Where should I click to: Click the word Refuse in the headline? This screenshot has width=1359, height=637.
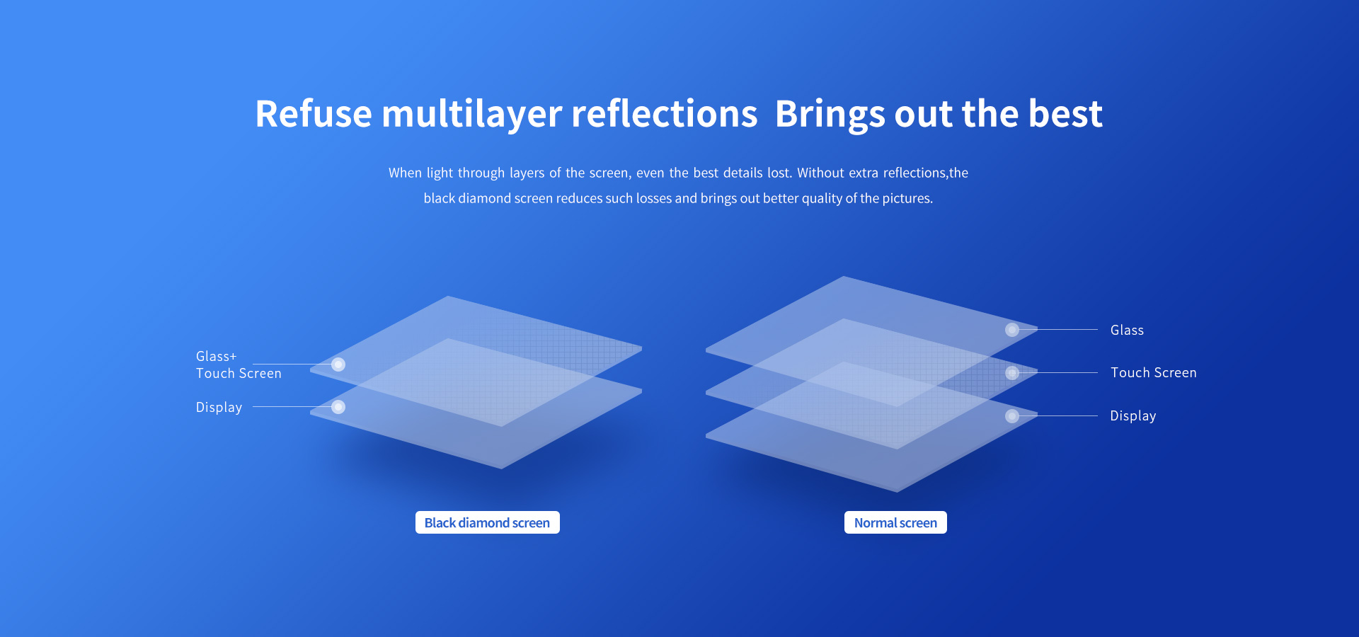(314, 114)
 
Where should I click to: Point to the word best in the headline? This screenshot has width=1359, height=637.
(1065, 114)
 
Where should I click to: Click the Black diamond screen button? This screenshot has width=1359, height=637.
(488, 522)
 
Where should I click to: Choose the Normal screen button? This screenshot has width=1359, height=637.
(895, 522)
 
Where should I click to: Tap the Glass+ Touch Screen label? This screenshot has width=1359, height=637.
(239, 365)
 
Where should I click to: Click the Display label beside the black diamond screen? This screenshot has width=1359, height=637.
(219, 407)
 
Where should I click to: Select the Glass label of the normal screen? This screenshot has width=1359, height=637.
(1127, 330)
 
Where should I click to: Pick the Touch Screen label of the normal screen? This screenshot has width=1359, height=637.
(1154, 372)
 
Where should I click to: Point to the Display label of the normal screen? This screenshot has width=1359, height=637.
(1133, 415)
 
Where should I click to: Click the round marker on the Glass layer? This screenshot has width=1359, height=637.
(1012, 330)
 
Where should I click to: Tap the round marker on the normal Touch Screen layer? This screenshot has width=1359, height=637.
(1012, 373)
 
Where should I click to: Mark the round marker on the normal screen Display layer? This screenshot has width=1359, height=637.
(1012, 416)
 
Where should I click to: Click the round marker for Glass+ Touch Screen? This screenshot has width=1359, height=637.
(338, 365)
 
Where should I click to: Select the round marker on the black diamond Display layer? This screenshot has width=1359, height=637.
(338, 407)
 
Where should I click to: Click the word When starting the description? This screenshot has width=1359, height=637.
(405, 173)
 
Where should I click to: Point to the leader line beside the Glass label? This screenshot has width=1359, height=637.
(1058, 330)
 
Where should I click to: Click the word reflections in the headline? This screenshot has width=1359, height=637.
(665, 114)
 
